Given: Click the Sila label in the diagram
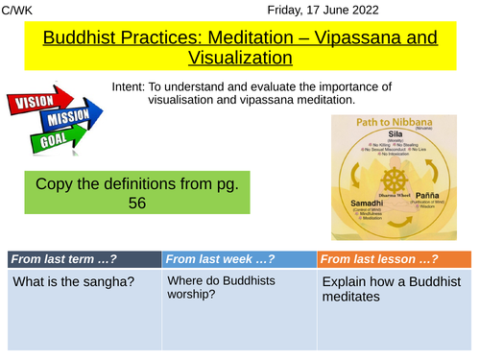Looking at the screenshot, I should click(x=398, y=134).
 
